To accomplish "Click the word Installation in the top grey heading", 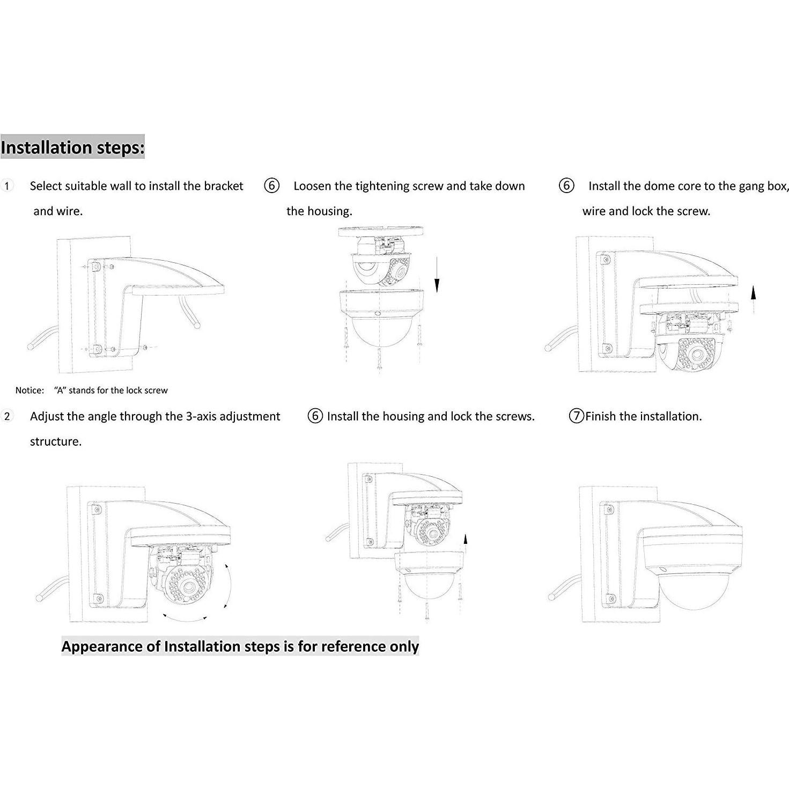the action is tap(47, 148).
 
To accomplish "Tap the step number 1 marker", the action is tap(6, 186).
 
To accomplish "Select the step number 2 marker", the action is tap(7, 416).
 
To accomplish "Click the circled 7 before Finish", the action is tap(577, 416).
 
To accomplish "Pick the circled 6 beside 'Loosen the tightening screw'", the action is tap(272, 186).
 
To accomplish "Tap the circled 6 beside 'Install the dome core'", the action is tap(566, 186).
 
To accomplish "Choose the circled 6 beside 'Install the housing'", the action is tap(315, 416).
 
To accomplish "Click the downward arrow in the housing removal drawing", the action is tap(437, 274).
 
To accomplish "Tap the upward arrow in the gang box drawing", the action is tap(753, 300).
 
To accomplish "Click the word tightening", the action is tap(382, 186).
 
